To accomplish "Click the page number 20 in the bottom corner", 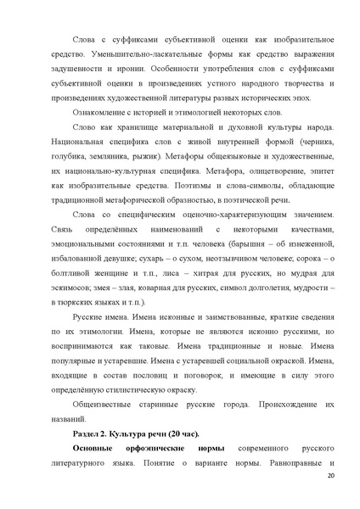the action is pos(330,478).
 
